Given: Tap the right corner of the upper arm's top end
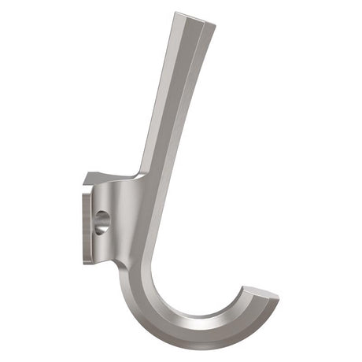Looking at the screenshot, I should (215, 26).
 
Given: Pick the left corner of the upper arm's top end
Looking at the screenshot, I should (175, 13).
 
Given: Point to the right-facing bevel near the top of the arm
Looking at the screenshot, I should (201, 63).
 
